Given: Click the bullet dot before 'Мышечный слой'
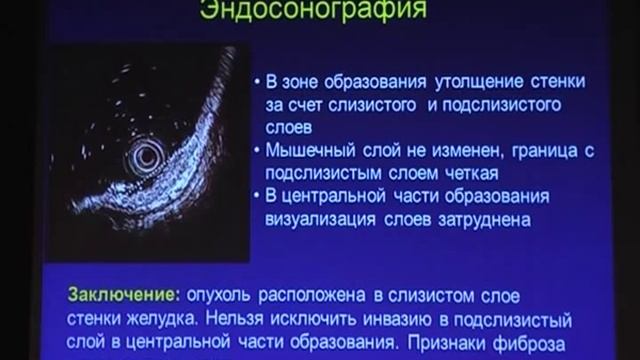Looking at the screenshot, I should (256, 151).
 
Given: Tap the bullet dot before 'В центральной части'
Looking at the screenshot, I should (256, 194).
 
